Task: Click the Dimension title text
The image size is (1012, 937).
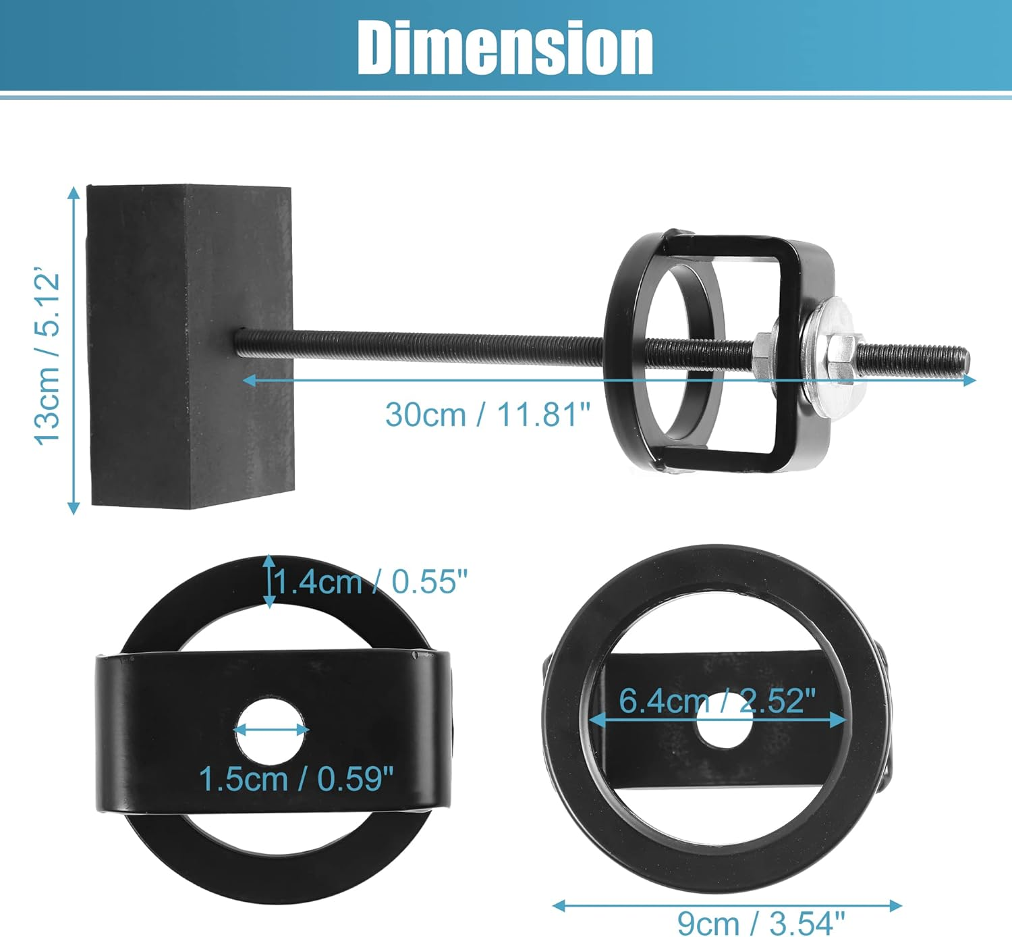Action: pyautogui.click(x=505, y=47)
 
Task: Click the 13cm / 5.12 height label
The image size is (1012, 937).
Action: pyautogui.click(x=49, y=358)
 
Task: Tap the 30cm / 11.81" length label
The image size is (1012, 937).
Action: pyautogui.click(x=487, y=414)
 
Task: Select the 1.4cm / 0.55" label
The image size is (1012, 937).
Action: pyautogui.click(x=370, y=581)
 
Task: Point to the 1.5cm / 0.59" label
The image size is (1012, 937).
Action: pyautogui.click(x=296, y=779)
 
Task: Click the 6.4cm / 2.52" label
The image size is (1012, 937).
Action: pyautogui.click(x=717, y=701)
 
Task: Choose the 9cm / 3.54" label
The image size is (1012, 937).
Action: pyautogui.click(x=760, y=923)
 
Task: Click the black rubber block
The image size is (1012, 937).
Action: pyautogui.click(x=190, y=346)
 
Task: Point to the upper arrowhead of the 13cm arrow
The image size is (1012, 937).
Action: pyautogui.click(x=74, y=193)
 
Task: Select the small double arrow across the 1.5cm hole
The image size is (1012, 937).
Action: pyautogui.click(x=271, y=730)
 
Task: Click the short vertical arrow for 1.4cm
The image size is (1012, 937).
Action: pyautogui.click(x=270, y=581)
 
